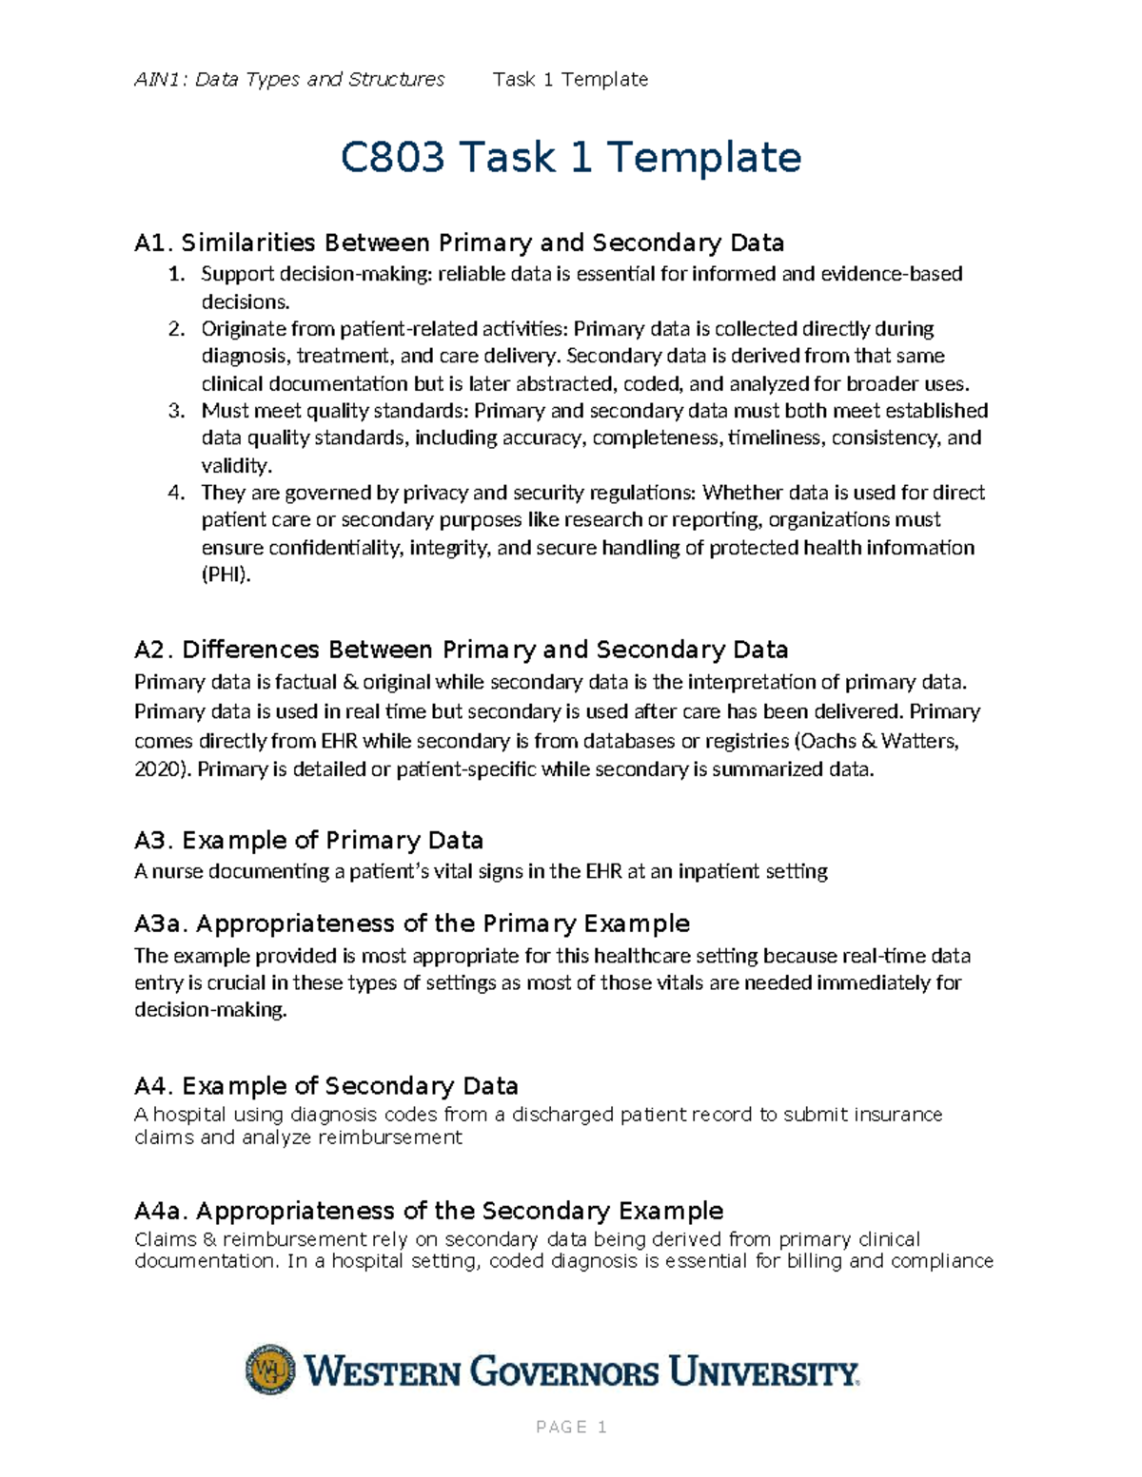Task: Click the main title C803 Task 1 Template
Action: (x=570, y=157)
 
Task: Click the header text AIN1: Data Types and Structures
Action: (x=289, y=80)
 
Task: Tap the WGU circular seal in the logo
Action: (x=270, y=1370)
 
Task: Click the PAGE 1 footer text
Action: (x=571, y=1427)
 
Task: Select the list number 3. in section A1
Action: (x=175, y=411)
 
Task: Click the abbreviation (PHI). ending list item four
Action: (x=226, y=574)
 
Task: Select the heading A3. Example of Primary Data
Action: (x=308, y=841)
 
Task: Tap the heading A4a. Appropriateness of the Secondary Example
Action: (x=428, y=1211)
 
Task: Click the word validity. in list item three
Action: (x=236, y=466)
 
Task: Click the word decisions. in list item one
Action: (x=245, y=302)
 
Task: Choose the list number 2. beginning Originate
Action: (x=175, y=329)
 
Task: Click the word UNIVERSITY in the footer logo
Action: (x=762, y=1372)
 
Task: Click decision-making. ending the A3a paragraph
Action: (x=210, y=1010)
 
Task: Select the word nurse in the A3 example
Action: (x=178, y=871)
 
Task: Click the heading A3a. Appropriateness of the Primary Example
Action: (x=412, y=923)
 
